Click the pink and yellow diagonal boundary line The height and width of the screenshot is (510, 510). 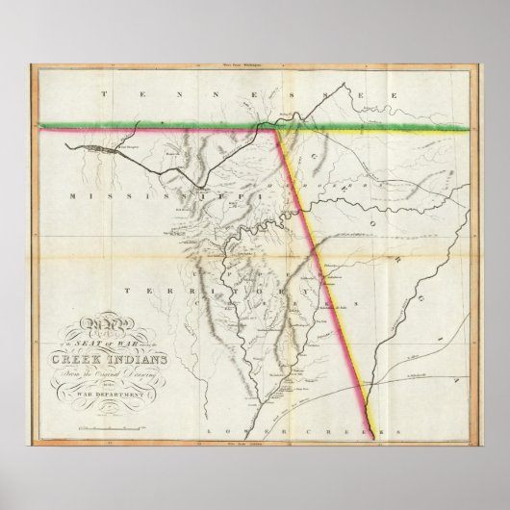click(x=318, y=250)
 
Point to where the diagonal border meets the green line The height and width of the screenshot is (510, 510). click(x=277, y=127)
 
